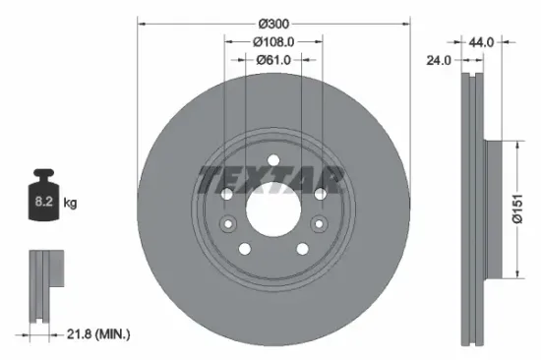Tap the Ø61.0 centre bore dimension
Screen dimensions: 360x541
274,61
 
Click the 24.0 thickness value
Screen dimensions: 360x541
439,60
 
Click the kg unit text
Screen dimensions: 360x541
71,203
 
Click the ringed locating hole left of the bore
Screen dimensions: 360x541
228,224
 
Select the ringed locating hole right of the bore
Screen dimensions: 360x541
318,224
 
